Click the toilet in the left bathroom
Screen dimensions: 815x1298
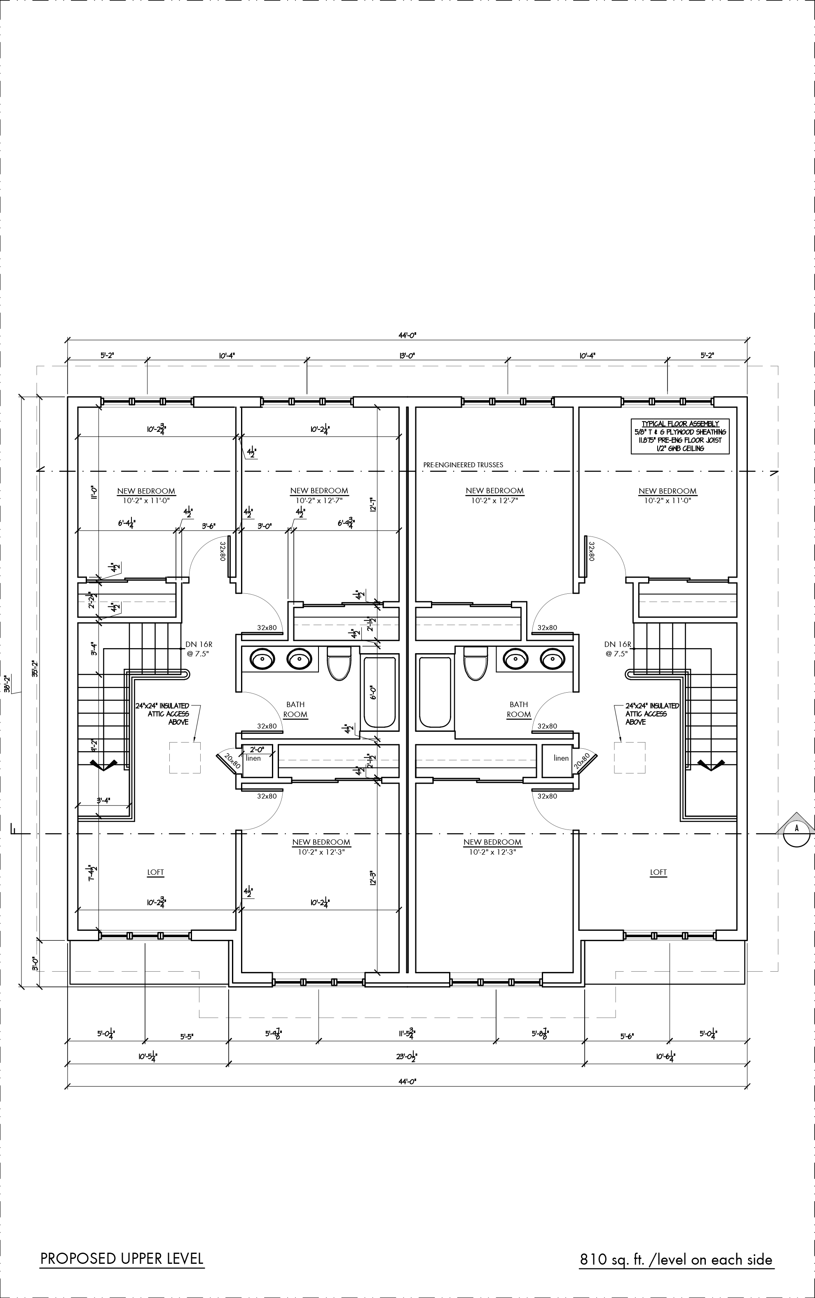(339, 663)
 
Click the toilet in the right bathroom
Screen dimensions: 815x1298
(475, 663)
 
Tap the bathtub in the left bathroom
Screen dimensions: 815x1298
(379, 692)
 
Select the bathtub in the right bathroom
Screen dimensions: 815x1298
(435, 692)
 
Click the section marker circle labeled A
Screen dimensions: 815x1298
(797, 828)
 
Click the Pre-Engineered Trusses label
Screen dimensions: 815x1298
(463, 465)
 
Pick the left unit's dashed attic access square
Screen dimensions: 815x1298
(185, 758)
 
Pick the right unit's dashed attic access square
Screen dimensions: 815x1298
(630, 758)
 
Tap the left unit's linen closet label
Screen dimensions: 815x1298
(253, 759)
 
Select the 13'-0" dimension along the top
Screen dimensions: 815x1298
(407, 356)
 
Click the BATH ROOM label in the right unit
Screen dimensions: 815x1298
(518, 710)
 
